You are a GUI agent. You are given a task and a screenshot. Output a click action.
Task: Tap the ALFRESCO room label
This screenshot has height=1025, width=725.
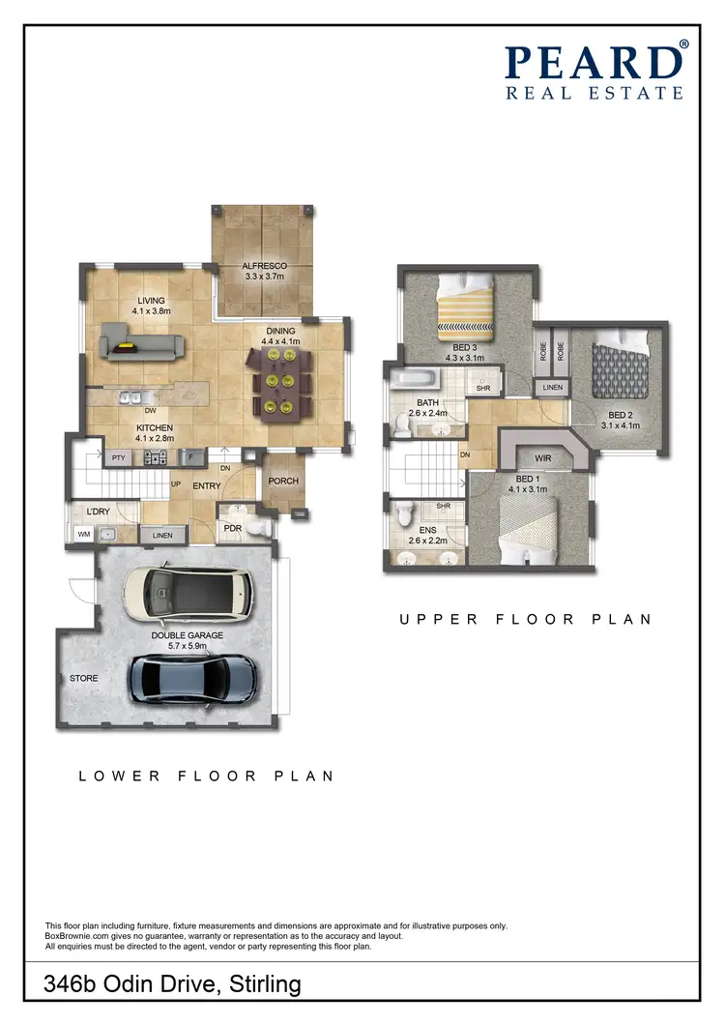[x=263, y=270]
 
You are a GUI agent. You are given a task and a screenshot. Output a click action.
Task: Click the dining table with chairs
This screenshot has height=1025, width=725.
[x=280, y=382]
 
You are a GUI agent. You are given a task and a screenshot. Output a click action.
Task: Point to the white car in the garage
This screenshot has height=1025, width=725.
[x=190, y=592]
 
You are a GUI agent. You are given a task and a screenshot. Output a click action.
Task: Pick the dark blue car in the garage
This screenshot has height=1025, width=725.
[x=194, y=677]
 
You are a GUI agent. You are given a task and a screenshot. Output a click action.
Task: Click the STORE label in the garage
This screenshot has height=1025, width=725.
[x=84, y=679]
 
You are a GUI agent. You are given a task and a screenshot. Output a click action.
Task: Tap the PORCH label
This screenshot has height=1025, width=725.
[x=283, y=482]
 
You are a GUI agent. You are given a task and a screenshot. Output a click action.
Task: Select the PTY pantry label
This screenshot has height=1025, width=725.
[x=118, y=457]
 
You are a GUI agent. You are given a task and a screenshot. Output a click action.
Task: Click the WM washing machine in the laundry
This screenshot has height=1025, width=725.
[x=83, y=533]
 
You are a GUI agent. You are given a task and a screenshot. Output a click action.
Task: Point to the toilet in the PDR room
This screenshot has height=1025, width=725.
[x=255, y=527]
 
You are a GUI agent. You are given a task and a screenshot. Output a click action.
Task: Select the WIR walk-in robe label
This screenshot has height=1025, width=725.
[x=542, y=458]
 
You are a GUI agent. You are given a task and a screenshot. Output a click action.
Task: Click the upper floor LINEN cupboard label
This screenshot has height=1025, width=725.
[x=552, y=388]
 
